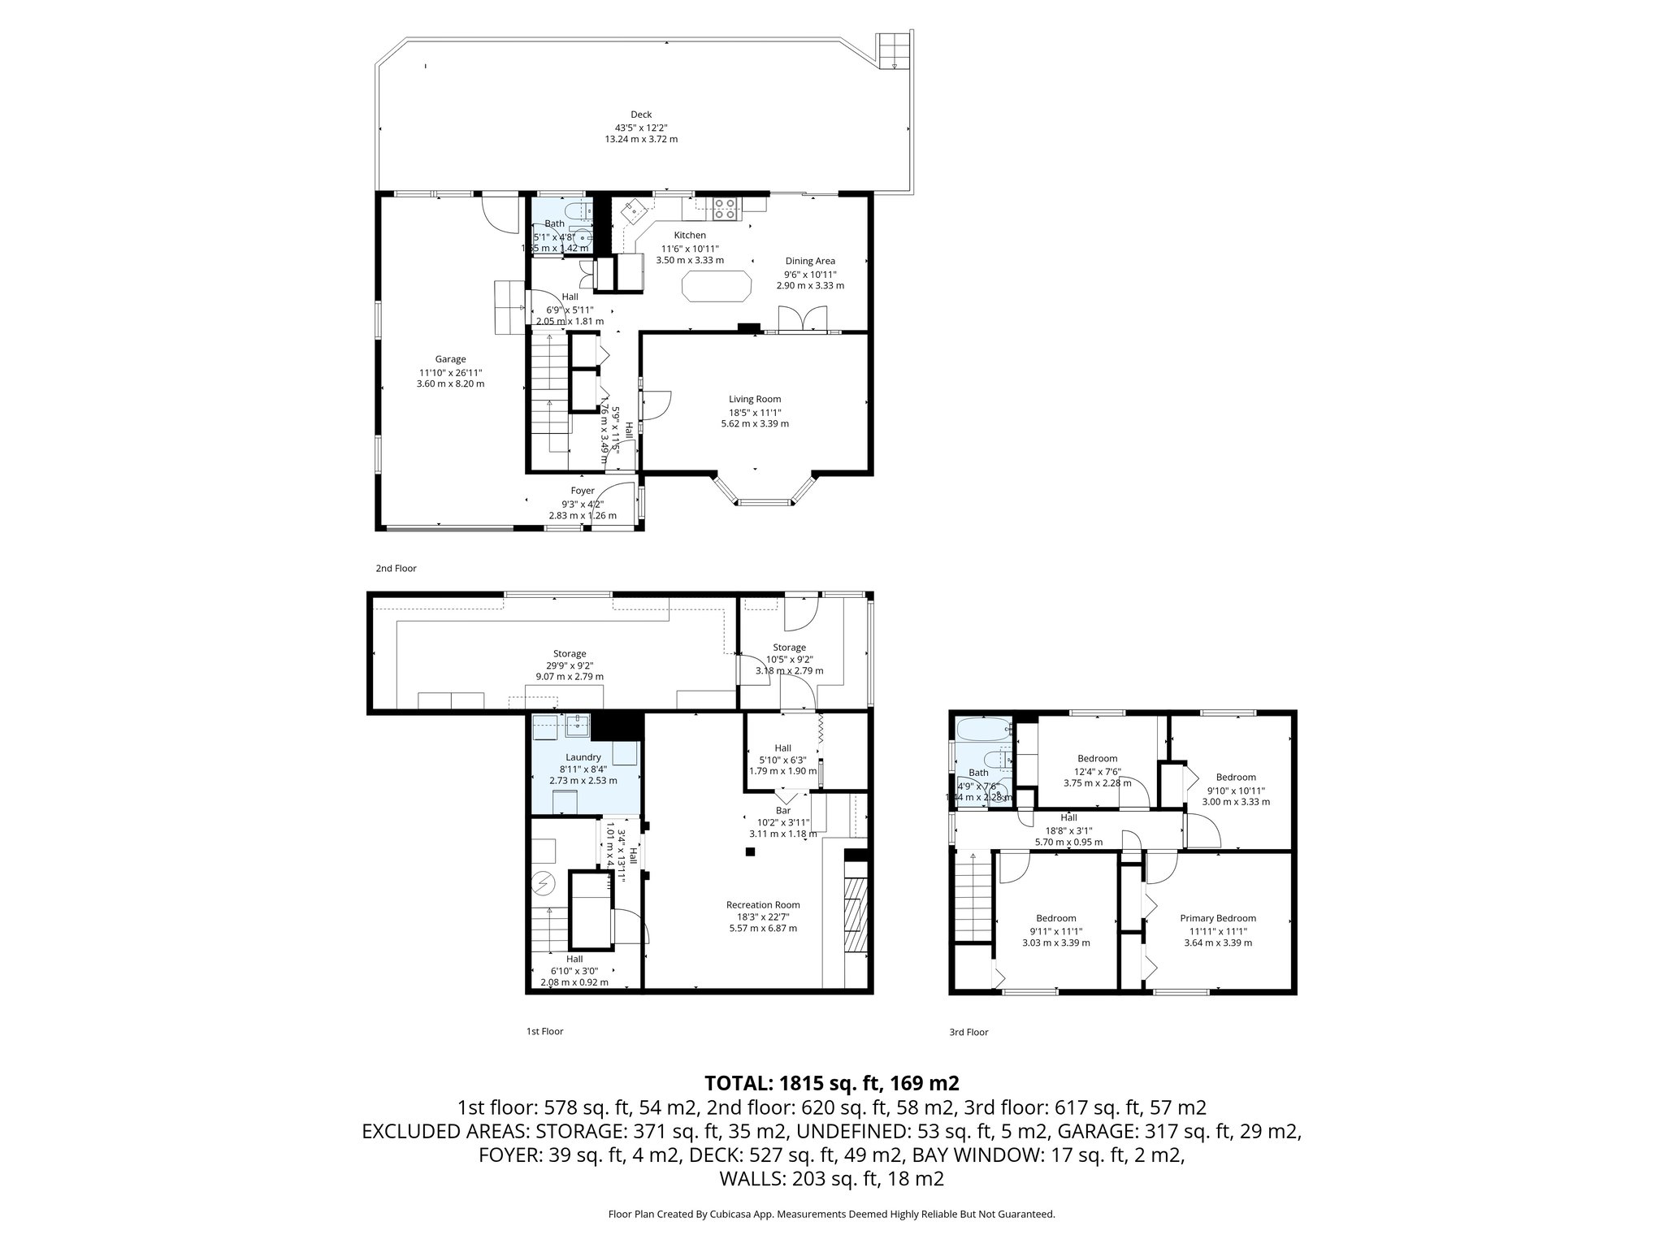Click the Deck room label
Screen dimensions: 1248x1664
coord(641,115)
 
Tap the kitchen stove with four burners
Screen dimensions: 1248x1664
coord(724,210)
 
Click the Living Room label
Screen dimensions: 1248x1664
coord(754,399)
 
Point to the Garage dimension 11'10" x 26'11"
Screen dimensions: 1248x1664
coord(450,372)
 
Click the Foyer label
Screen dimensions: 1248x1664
coord(583,491)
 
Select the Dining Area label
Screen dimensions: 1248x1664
coord(809,261)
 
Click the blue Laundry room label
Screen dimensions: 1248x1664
coord(583,757)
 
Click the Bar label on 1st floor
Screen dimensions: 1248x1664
coord(782,810)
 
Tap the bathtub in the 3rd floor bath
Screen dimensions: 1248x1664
coord(981,730)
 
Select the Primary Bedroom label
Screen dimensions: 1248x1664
coord(1217,918)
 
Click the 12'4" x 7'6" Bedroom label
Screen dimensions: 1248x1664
coord(1097,759)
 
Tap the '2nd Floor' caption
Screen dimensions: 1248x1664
coord(396,569)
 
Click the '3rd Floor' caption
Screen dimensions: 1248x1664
coord(968,1033)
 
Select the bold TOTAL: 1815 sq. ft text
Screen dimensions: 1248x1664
coord(831,1083)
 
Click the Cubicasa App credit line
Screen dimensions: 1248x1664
coord(831,1214)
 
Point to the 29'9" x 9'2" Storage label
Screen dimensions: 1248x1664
coord(569,654)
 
